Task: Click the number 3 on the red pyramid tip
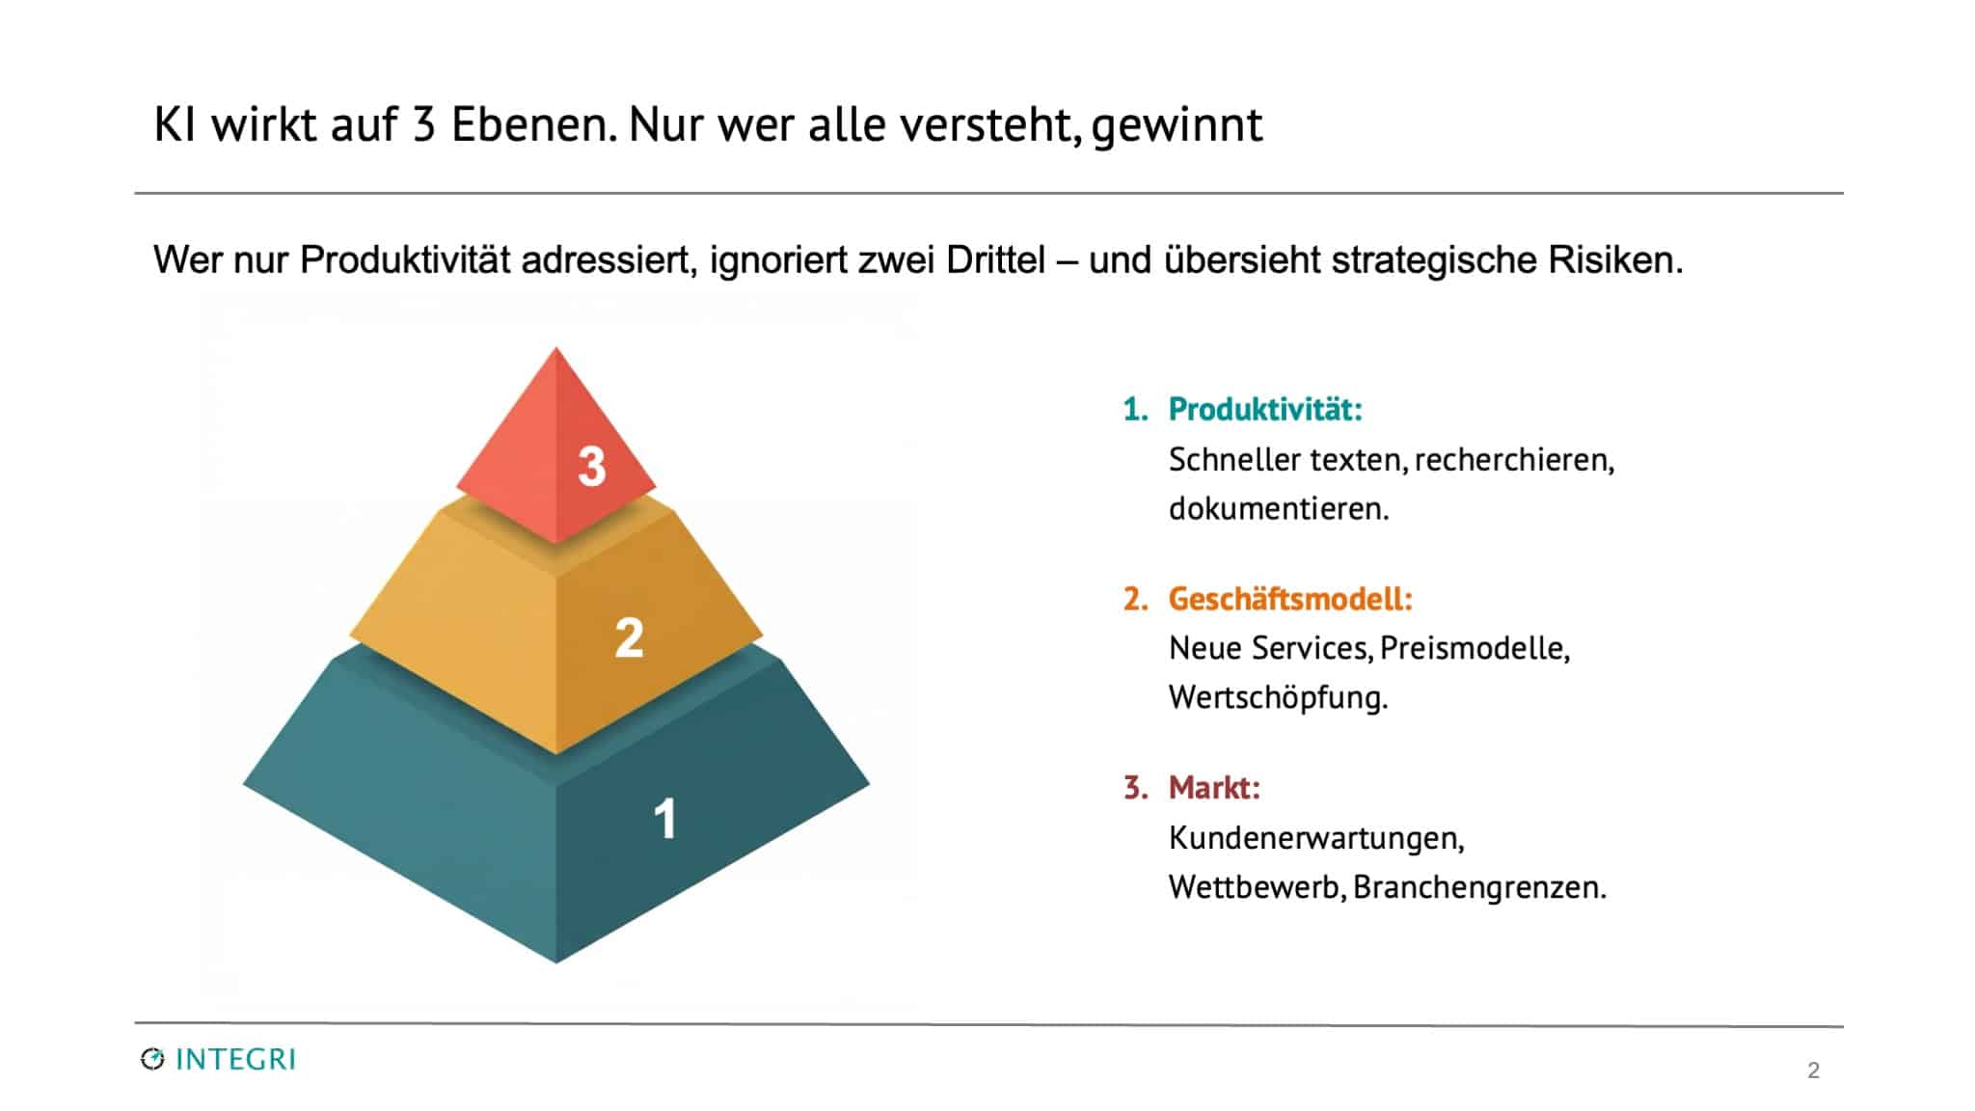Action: click(591, 467)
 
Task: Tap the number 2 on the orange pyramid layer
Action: click(629, 638)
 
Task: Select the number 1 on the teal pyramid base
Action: click(664, 820)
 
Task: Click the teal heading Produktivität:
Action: click(1265, 410)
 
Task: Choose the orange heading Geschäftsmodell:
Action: click(1290, 600)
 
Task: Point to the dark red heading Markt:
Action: click(1214, 788)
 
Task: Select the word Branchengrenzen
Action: click(1478, 887)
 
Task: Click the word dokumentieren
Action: click(1278, 509)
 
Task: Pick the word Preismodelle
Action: click(1474, 648)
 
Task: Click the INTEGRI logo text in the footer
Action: click(235, 1060)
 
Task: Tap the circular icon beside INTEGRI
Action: click(152, 1060)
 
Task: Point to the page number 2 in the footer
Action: click(1813, 1070)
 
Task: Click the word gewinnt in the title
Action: click(1177, 126)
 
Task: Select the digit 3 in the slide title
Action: click(423, 125)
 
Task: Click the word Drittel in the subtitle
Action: click(995, 260)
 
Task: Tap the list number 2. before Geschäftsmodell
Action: click(1135, 600)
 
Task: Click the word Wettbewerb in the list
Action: click(1256, 887)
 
